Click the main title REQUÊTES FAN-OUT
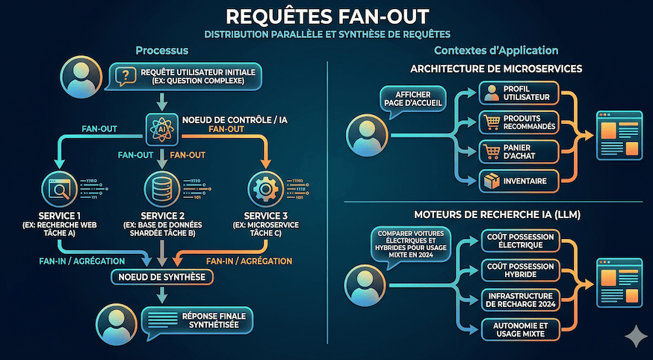coord(326,16)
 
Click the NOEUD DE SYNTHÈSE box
coord(162,277)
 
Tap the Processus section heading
coord(161,51)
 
